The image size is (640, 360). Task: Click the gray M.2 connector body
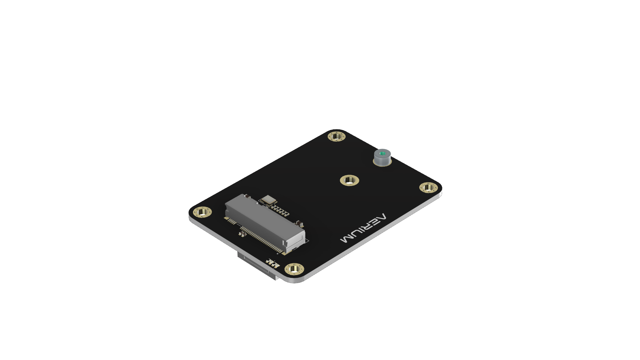tap(263, 220)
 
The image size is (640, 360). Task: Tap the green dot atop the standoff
tap(382, 153)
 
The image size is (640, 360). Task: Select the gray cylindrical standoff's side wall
tap(382, 161)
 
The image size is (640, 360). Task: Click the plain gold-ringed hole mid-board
tap(349, 181)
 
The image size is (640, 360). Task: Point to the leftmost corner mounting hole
tap(202, 212)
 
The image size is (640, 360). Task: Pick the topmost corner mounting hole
tap(337, 136)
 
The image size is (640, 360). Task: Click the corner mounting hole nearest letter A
tap(428, 187)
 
